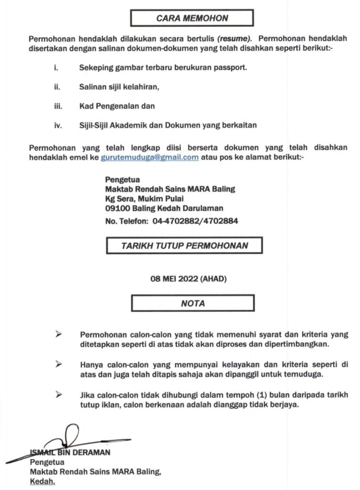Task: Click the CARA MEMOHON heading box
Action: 192,19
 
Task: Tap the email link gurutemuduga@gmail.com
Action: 149,157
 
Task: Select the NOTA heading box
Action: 193,303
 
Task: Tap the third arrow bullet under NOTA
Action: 59,394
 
